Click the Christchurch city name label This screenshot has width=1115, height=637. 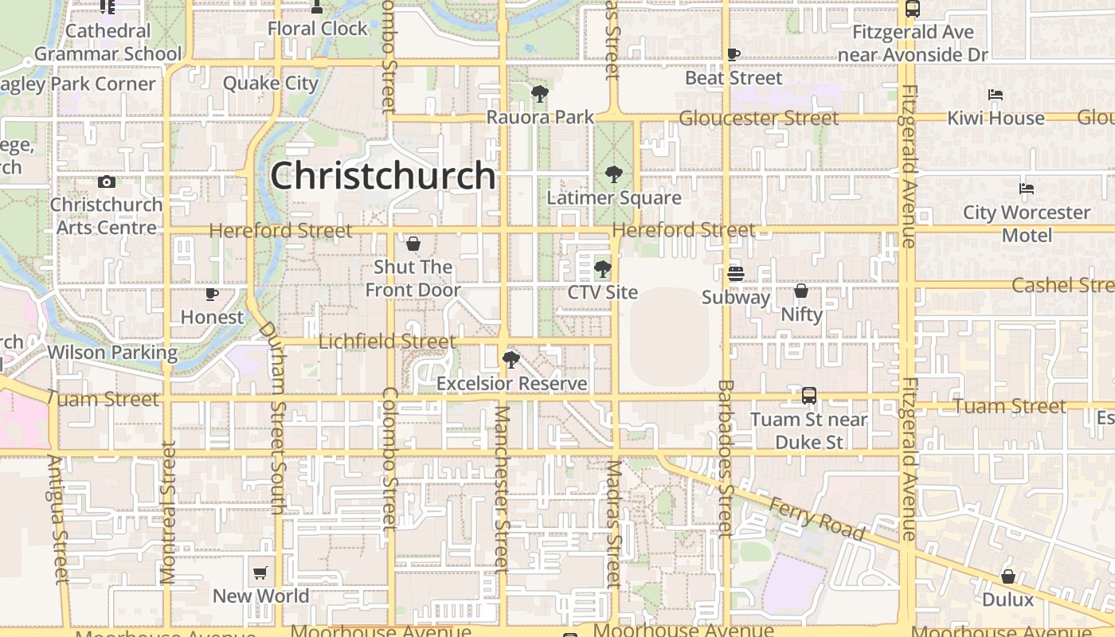click(x=383, y=176)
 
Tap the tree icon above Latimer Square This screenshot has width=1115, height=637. click(x=613, y=174)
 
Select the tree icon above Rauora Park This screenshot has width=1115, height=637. click(x=540, y=94)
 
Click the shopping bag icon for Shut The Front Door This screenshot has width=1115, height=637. click(x=413, y=244)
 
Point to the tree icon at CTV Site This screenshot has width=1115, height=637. click(x=603, y=269)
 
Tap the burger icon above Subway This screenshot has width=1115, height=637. click(x=735, y=274)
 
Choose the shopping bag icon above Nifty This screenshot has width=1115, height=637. click(x=801, y=291)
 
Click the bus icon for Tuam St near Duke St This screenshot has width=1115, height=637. click(x=809, y=396)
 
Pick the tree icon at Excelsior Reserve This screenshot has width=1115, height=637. click(x=511, y=361)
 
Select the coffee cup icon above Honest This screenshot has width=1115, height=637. click(x=212, y=294)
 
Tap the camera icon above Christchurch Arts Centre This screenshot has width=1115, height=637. click(x=106, y=182)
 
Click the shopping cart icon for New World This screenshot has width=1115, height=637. click(x=260, y=573)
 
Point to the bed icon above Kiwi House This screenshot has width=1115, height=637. click(x=996, y=95)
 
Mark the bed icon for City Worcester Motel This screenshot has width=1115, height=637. click(x=1027, y=190)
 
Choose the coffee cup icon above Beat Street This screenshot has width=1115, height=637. click(x=734, y=54)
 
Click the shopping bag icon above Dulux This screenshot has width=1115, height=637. click(x=1008, y=576)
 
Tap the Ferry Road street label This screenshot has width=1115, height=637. click(x=816, y=518)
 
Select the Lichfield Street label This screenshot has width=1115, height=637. click(x=387, y=342)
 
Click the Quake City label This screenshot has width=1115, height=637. click(x=271, y=84)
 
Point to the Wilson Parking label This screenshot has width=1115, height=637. click(x=112, y=352)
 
